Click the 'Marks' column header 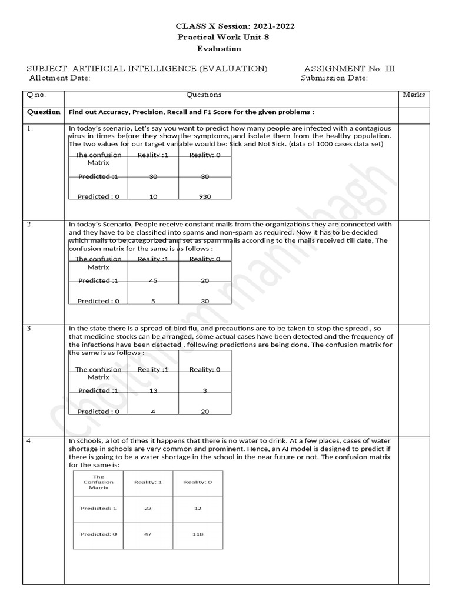click(x=414, y=95)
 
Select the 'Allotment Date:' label click(x=59, y=78)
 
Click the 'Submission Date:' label click(x=334, y=78)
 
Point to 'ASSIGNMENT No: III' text click(x=350, y=68)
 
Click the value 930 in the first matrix click(x=205, y=196)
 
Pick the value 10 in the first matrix click(x=153, y=196)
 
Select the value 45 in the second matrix click(x=153, y=280)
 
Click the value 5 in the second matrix click(x=153, y=301)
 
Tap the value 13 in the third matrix click(x=153, y=390)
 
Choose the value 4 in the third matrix click(x=153, y=412)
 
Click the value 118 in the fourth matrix click(x=198, y=534)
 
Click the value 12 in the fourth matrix click(x=198, y=508)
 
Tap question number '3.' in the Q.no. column click(x=30, y=328)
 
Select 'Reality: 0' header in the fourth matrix click(x=198, y=482)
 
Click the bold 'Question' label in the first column click(x=44, y=112)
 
